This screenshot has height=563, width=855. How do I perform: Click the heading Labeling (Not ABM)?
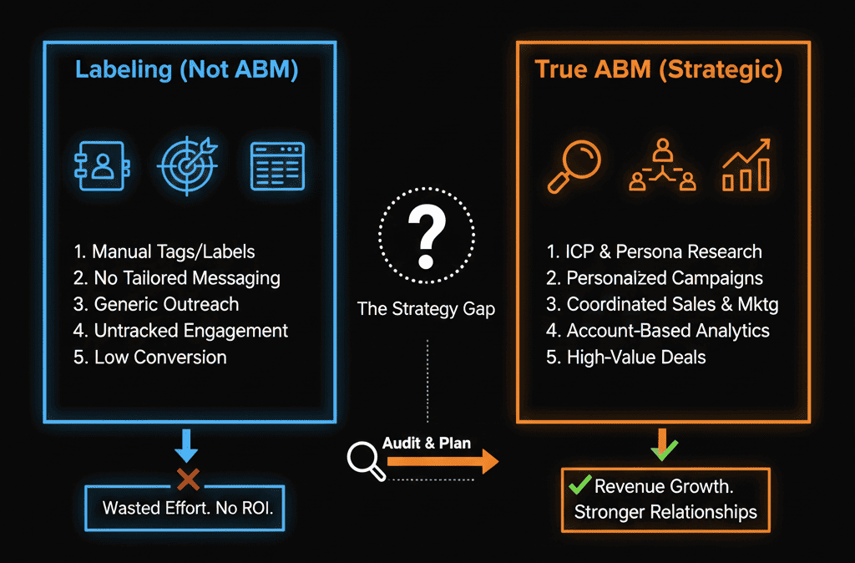[x=186, y=69]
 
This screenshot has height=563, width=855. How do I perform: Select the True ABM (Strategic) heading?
[x=659, y=69]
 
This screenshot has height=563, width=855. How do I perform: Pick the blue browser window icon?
[x=278, y=165]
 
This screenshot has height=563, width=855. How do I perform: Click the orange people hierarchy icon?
[x=661, y=165]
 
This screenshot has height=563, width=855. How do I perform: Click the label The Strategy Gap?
[x=426, y=308]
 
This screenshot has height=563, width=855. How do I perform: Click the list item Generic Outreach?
[x=156, y=304]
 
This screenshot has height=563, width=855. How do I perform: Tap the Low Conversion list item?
[x=150, y=357]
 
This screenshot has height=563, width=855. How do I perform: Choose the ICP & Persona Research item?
[x=654, y=251]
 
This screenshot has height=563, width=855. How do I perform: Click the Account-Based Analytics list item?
[x=657, y=331]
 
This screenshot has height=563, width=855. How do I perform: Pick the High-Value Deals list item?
[x=625, y=357]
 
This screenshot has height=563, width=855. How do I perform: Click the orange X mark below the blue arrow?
[x=188, y=479]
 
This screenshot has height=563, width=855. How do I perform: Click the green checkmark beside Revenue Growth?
[x=579, y=485]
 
